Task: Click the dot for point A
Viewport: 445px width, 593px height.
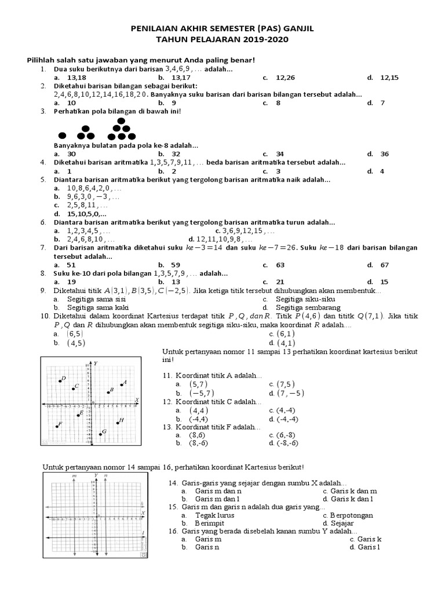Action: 121,385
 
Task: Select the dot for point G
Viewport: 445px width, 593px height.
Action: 100,434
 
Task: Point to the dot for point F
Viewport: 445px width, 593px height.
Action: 57,426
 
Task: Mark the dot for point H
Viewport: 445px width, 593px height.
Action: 117,422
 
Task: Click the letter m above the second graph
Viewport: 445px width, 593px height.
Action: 74,475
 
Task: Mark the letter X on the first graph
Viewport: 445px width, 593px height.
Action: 137,400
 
